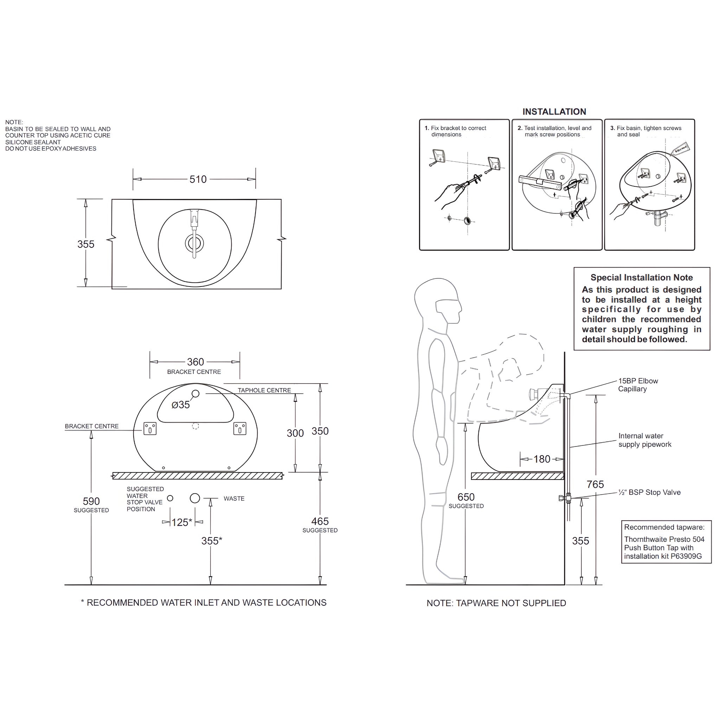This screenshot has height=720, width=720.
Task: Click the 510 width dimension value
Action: (198, 179)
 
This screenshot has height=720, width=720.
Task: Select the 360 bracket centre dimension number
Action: (195, 362)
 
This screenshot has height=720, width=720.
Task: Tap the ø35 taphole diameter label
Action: (181, 405)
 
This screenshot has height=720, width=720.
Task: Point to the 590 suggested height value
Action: (91, 501)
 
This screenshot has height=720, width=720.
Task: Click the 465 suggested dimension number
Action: (320, 521)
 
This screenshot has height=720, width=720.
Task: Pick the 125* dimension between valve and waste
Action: (182, 522)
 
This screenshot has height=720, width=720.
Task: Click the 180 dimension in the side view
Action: (542, 459)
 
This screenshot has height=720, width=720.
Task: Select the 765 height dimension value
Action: (595, 484)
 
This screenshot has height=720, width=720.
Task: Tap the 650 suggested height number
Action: (466, 497)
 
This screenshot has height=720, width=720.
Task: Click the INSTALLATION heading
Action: (554, 112)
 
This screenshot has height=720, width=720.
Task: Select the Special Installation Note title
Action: (641, 278)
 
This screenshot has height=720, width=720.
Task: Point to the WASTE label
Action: (234, 499)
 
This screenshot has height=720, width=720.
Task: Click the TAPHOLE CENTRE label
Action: (264, 390)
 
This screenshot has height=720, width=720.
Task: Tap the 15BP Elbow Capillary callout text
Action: (638, 385)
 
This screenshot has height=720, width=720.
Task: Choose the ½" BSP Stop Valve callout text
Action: (649, 492)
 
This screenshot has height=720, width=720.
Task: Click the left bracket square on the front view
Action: (150, 429)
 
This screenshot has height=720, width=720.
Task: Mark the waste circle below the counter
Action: (195, 498)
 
